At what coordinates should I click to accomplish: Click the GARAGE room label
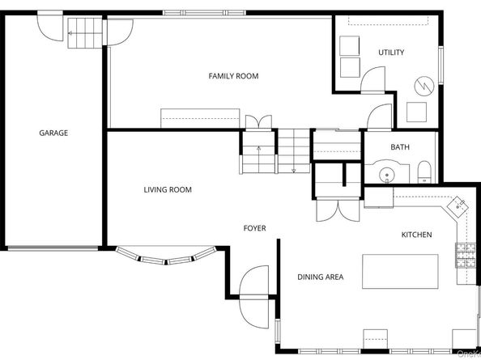point(53,133)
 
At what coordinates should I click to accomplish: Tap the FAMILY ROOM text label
point(233,76)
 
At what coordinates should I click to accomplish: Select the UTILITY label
point(391,53)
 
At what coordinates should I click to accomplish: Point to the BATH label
point(400,147)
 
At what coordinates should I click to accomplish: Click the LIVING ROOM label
point(168,190)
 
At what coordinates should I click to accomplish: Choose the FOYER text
point(254,228)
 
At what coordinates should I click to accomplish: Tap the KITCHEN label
point(416,235)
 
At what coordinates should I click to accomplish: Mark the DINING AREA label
point(320,277)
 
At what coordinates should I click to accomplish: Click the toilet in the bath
point(424,172)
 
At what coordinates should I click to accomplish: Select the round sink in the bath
point(386,172)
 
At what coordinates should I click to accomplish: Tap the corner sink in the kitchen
point(459,205)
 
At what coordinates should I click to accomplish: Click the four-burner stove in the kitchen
point(466,256)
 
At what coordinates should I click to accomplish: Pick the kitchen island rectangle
point(400,270)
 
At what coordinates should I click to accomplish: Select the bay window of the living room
point(166,257)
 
